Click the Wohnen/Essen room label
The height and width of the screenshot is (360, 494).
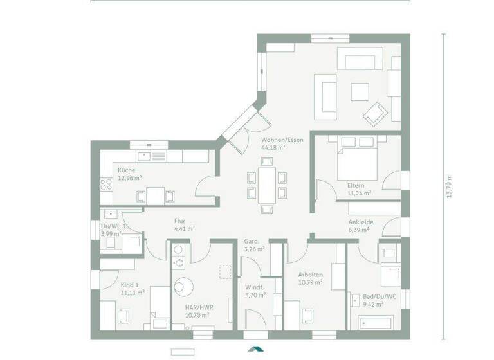(277, 139)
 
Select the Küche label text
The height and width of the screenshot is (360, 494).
(126, 170)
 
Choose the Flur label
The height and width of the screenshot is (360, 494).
(179, 221)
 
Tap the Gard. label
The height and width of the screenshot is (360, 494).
(252, 242)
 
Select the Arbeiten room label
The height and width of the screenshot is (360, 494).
(310, 274)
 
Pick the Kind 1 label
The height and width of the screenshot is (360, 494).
(129, 284)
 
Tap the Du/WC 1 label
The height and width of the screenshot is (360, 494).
(113, 226)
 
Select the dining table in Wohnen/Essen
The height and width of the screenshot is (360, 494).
(265, 184)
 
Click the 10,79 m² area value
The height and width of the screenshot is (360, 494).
(310, 282)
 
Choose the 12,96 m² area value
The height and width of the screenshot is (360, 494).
(129, 178)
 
